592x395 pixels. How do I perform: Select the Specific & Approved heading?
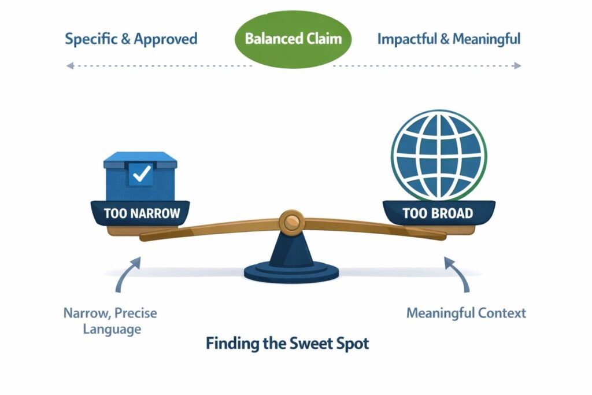[131, 39]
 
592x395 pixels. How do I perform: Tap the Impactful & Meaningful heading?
[449, 39]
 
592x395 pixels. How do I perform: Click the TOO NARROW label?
[142, 213]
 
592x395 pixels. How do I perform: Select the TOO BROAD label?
[438, 213]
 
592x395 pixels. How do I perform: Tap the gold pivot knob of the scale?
[292, 221]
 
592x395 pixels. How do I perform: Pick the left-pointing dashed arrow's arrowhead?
[69, 66]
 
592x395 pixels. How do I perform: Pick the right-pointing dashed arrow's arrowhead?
[517, 66]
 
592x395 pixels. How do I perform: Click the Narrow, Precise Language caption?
[110, 321]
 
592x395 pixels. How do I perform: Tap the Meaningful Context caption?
[466, 313]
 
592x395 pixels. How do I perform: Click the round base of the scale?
[292, 271]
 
